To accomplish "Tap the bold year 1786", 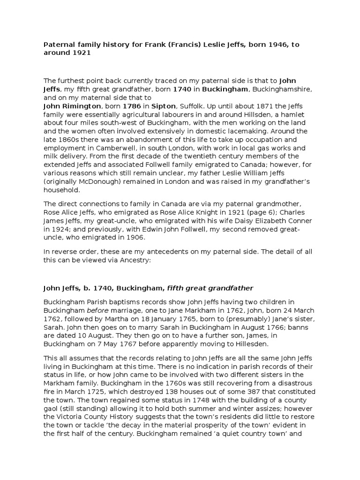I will pyautogui.click(x=132, y=106).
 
